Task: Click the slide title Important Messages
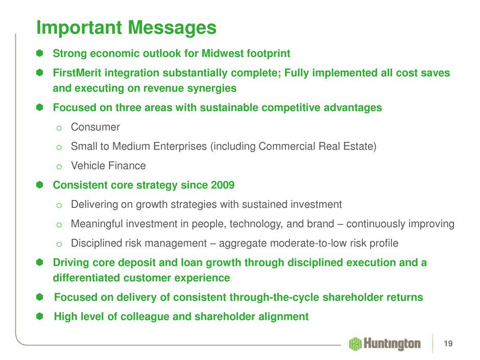(127, 28)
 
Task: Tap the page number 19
(448, 344)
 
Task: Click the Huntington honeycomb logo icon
(355, 344)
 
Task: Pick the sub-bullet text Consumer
(95, 127)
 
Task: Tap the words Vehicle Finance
(108, 165)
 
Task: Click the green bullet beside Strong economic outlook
(39, 53)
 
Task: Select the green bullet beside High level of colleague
(39, 316)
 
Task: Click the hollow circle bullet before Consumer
(59, 128)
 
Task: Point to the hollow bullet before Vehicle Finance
(59, 167)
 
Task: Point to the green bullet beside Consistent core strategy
(39, 185)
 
